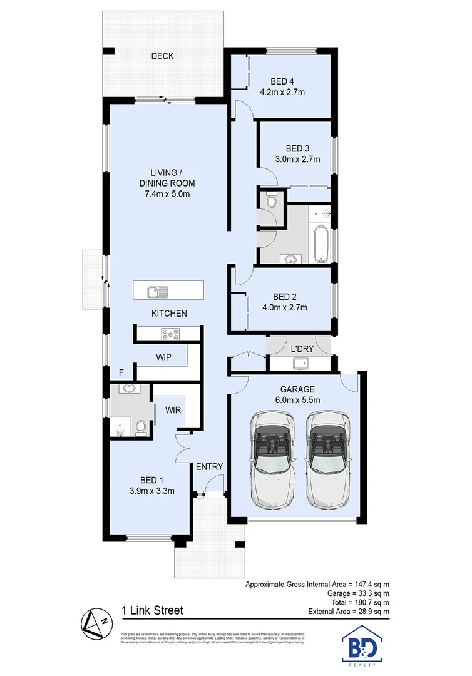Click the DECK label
[x=162, y=56]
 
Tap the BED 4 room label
[x=282, y=81]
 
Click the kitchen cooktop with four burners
[x=169, y=334]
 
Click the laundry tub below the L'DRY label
[x=299, y=363]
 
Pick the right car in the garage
[x=327, y=460]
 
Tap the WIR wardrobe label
[x=173, y=410]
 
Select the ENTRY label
[x=209, y=467]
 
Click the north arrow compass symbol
[x=96, y=622]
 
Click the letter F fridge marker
[x=121, y=372]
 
